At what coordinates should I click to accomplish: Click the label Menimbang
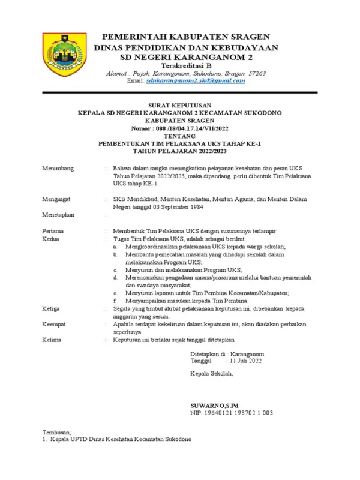[x=58, y=169]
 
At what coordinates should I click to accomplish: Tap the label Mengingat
[x=57, y=198]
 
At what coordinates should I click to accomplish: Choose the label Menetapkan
[x=59, y=214]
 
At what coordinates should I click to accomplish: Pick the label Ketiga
[x=52, y=308]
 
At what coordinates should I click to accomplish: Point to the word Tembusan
[x=56, y=432]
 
